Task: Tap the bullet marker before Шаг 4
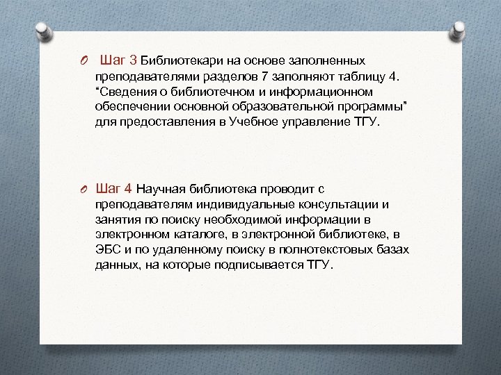click(x=83, y=189)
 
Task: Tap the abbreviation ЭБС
click(x=107, y=250)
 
